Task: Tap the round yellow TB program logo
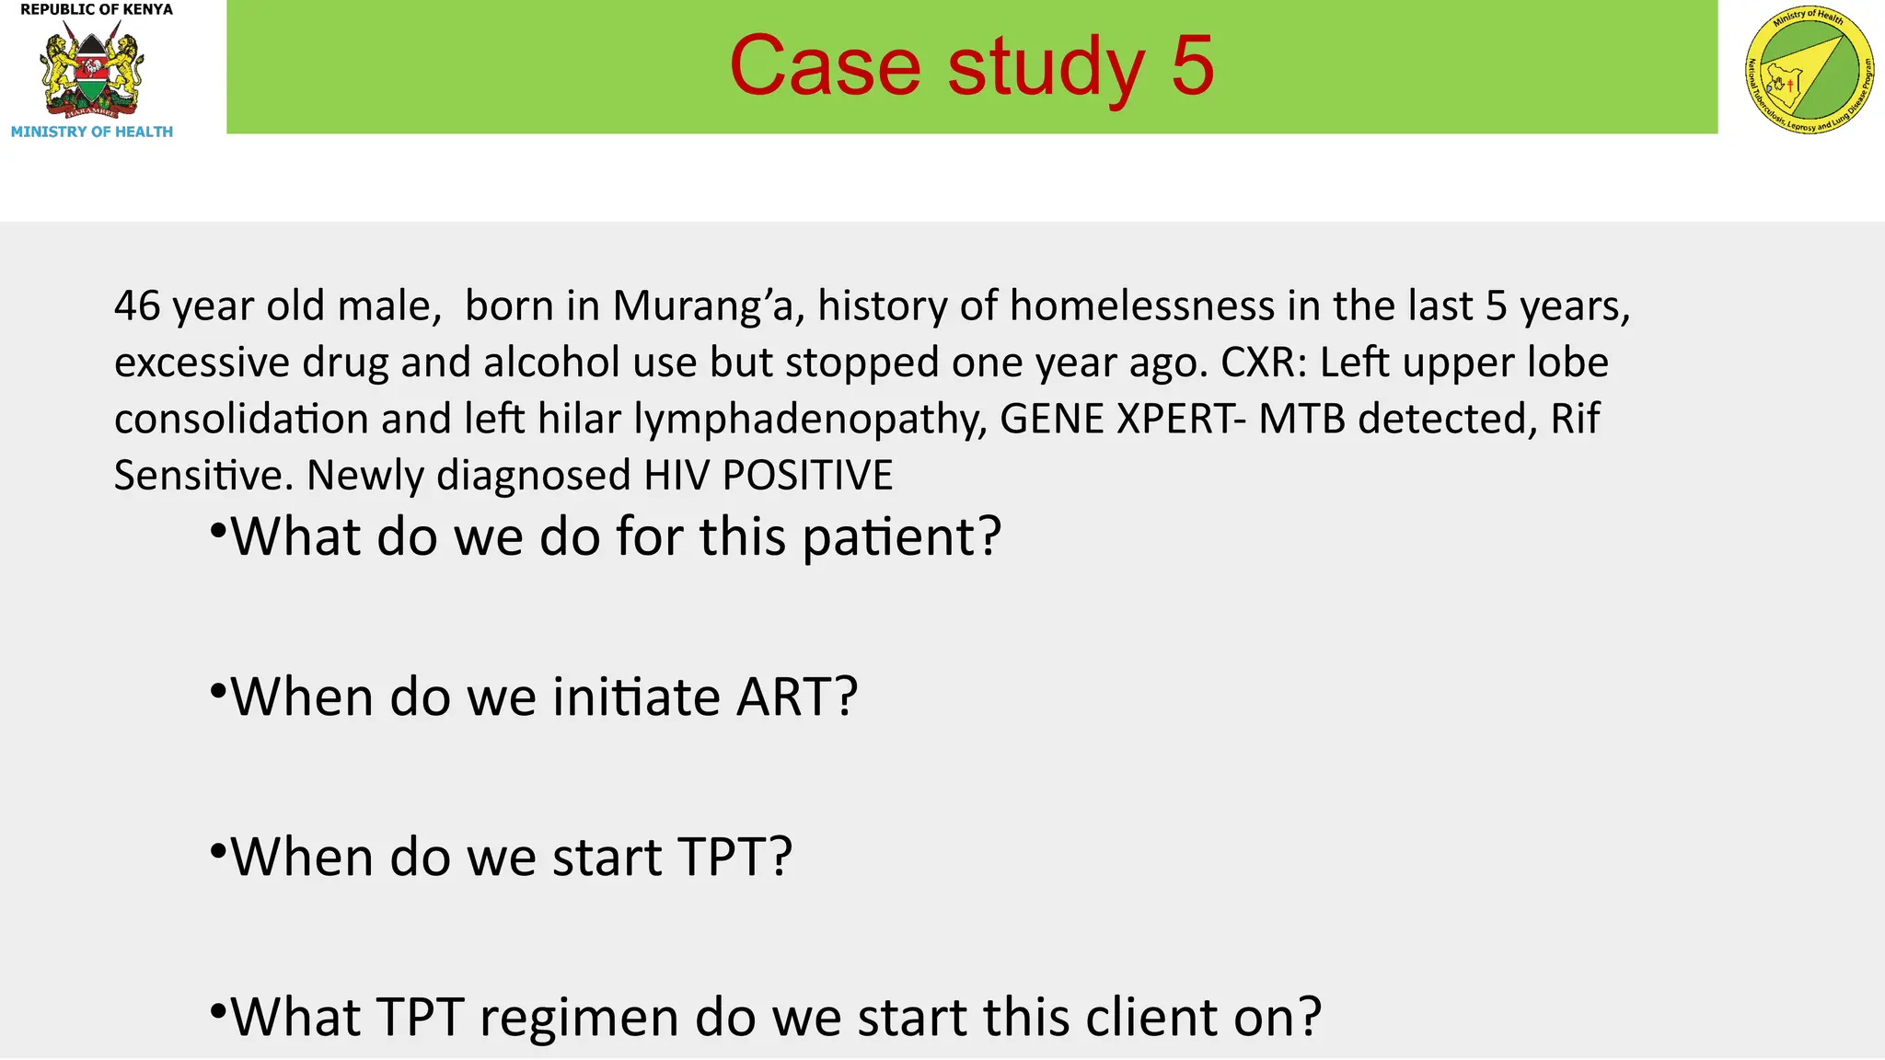click(x=1809, y=69)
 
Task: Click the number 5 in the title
click(x=1193, y=66)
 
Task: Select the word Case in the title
click(x=825, y=66)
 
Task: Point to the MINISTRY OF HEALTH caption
click(x=92, y=132)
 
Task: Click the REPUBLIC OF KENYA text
click(x=97, y=10)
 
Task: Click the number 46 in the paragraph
click(x=137, y=306)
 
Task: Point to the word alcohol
click(x=551, y=363)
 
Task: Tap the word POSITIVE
click(x=808, y=476)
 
